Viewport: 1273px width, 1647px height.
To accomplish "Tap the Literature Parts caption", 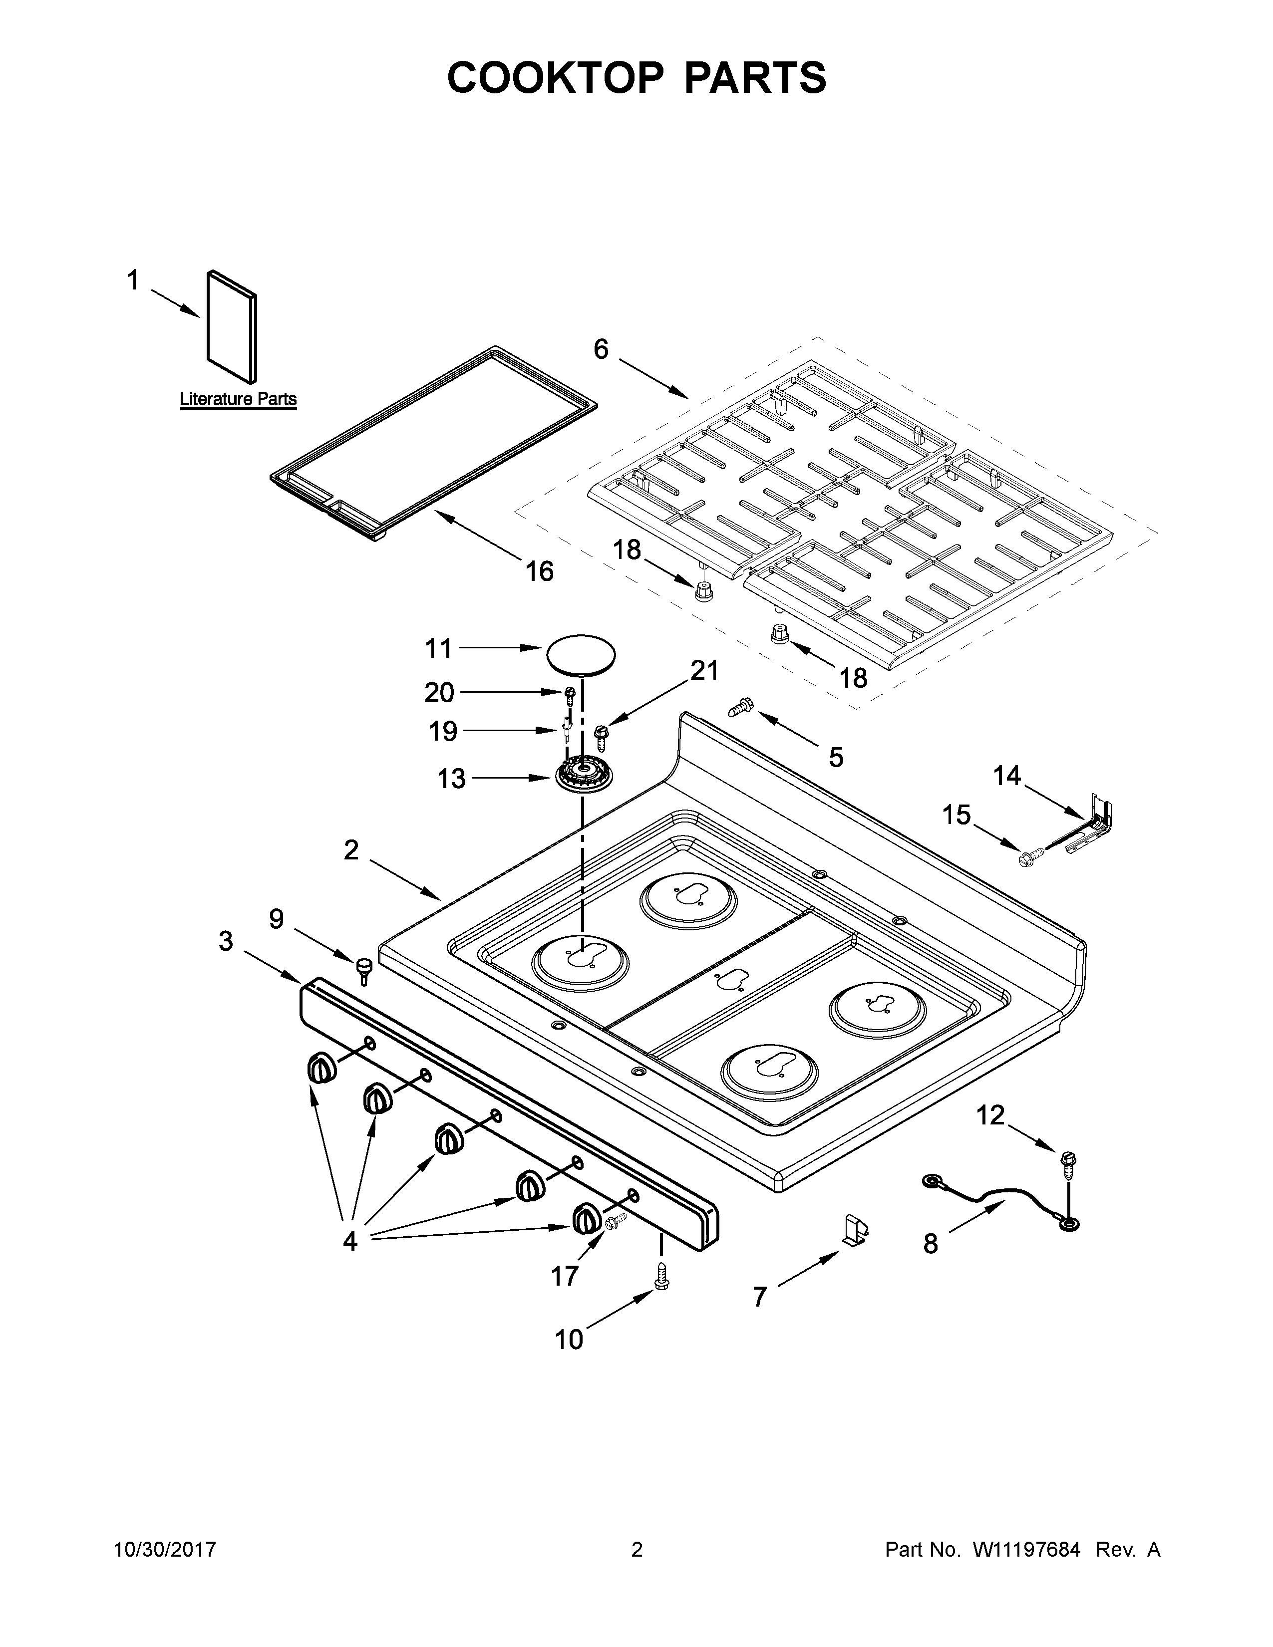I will pos(238,399).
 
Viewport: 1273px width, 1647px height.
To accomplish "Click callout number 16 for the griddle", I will pos(539,571).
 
